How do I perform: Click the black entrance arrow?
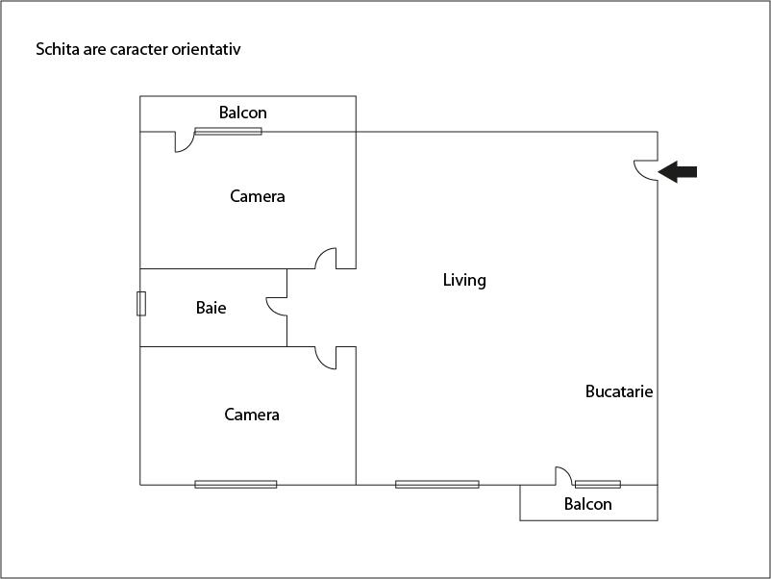(678, 172)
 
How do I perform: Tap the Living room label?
(464, 280)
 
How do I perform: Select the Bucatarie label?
(619, 391)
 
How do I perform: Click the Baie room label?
(211, 308)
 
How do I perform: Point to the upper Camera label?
(258, 196)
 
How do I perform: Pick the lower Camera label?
(252, 415)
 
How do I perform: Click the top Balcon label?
(243, 113)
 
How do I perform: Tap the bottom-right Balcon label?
(588, 504)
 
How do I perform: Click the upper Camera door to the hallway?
(321, 253)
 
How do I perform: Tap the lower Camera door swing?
(321, 363)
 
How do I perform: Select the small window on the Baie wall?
(141, 304)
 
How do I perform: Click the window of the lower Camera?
(236, 485)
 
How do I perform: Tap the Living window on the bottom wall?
(437, 485)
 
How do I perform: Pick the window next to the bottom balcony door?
(598, 485)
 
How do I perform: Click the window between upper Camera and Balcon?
(228, 132)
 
